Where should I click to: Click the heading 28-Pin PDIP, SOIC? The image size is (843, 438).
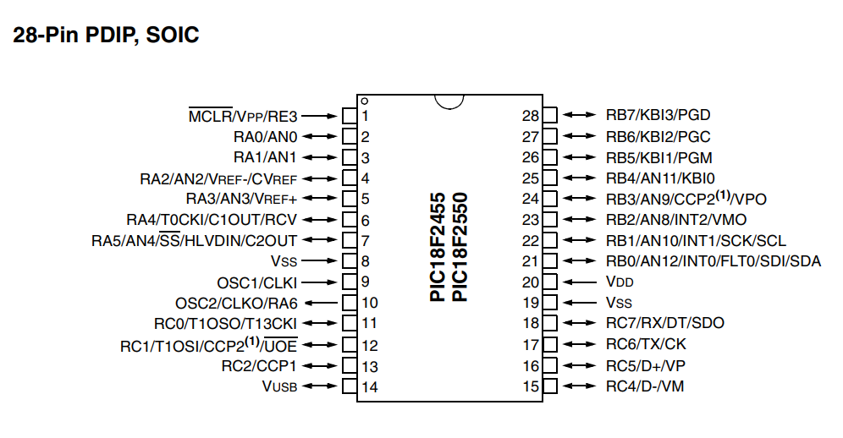(x=106, y=36)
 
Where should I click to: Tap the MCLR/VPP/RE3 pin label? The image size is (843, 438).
(x=243, y=116)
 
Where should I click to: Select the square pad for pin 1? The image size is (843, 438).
(x=350, y=116)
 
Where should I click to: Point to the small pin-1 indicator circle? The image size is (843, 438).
(x=365, y=101)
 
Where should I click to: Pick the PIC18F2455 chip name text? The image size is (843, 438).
(x=438, y=247)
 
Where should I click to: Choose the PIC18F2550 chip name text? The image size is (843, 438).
(x=460, y=247)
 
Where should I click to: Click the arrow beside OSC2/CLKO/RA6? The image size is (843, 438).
(x=321, y=303)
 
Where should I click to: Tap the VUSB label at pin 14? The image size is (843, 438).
(x=279, y=386)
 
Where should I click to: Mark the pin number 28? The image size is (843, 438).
(x=530, y=116)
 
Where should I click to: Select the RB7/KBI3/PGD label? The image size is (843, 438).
(x=658, y=115)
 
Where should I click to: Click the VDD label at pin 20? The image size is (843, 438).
(x=620, y=282)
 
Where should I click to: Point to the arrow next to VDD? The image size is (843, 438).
(x=579, y=282)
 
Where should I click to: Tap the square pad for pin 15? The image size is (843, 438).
(x=549, y=386)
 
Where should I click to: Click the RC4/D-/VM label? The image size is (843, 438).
(x=645, y=386)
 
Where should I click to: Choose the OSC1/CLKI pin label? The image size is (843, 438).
(x=257, y=282)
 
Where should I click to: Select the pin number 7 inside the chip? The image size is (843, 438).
(x=365, y=241)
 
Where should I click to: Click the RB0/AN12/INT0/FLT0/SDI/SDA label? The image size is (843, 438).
(x=714, y=261)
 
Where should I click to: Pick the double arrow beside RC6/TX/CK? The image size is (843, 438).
(x=579, y=344)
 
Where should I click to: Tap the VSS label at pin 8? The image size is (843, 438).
(x=284, y=261)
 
